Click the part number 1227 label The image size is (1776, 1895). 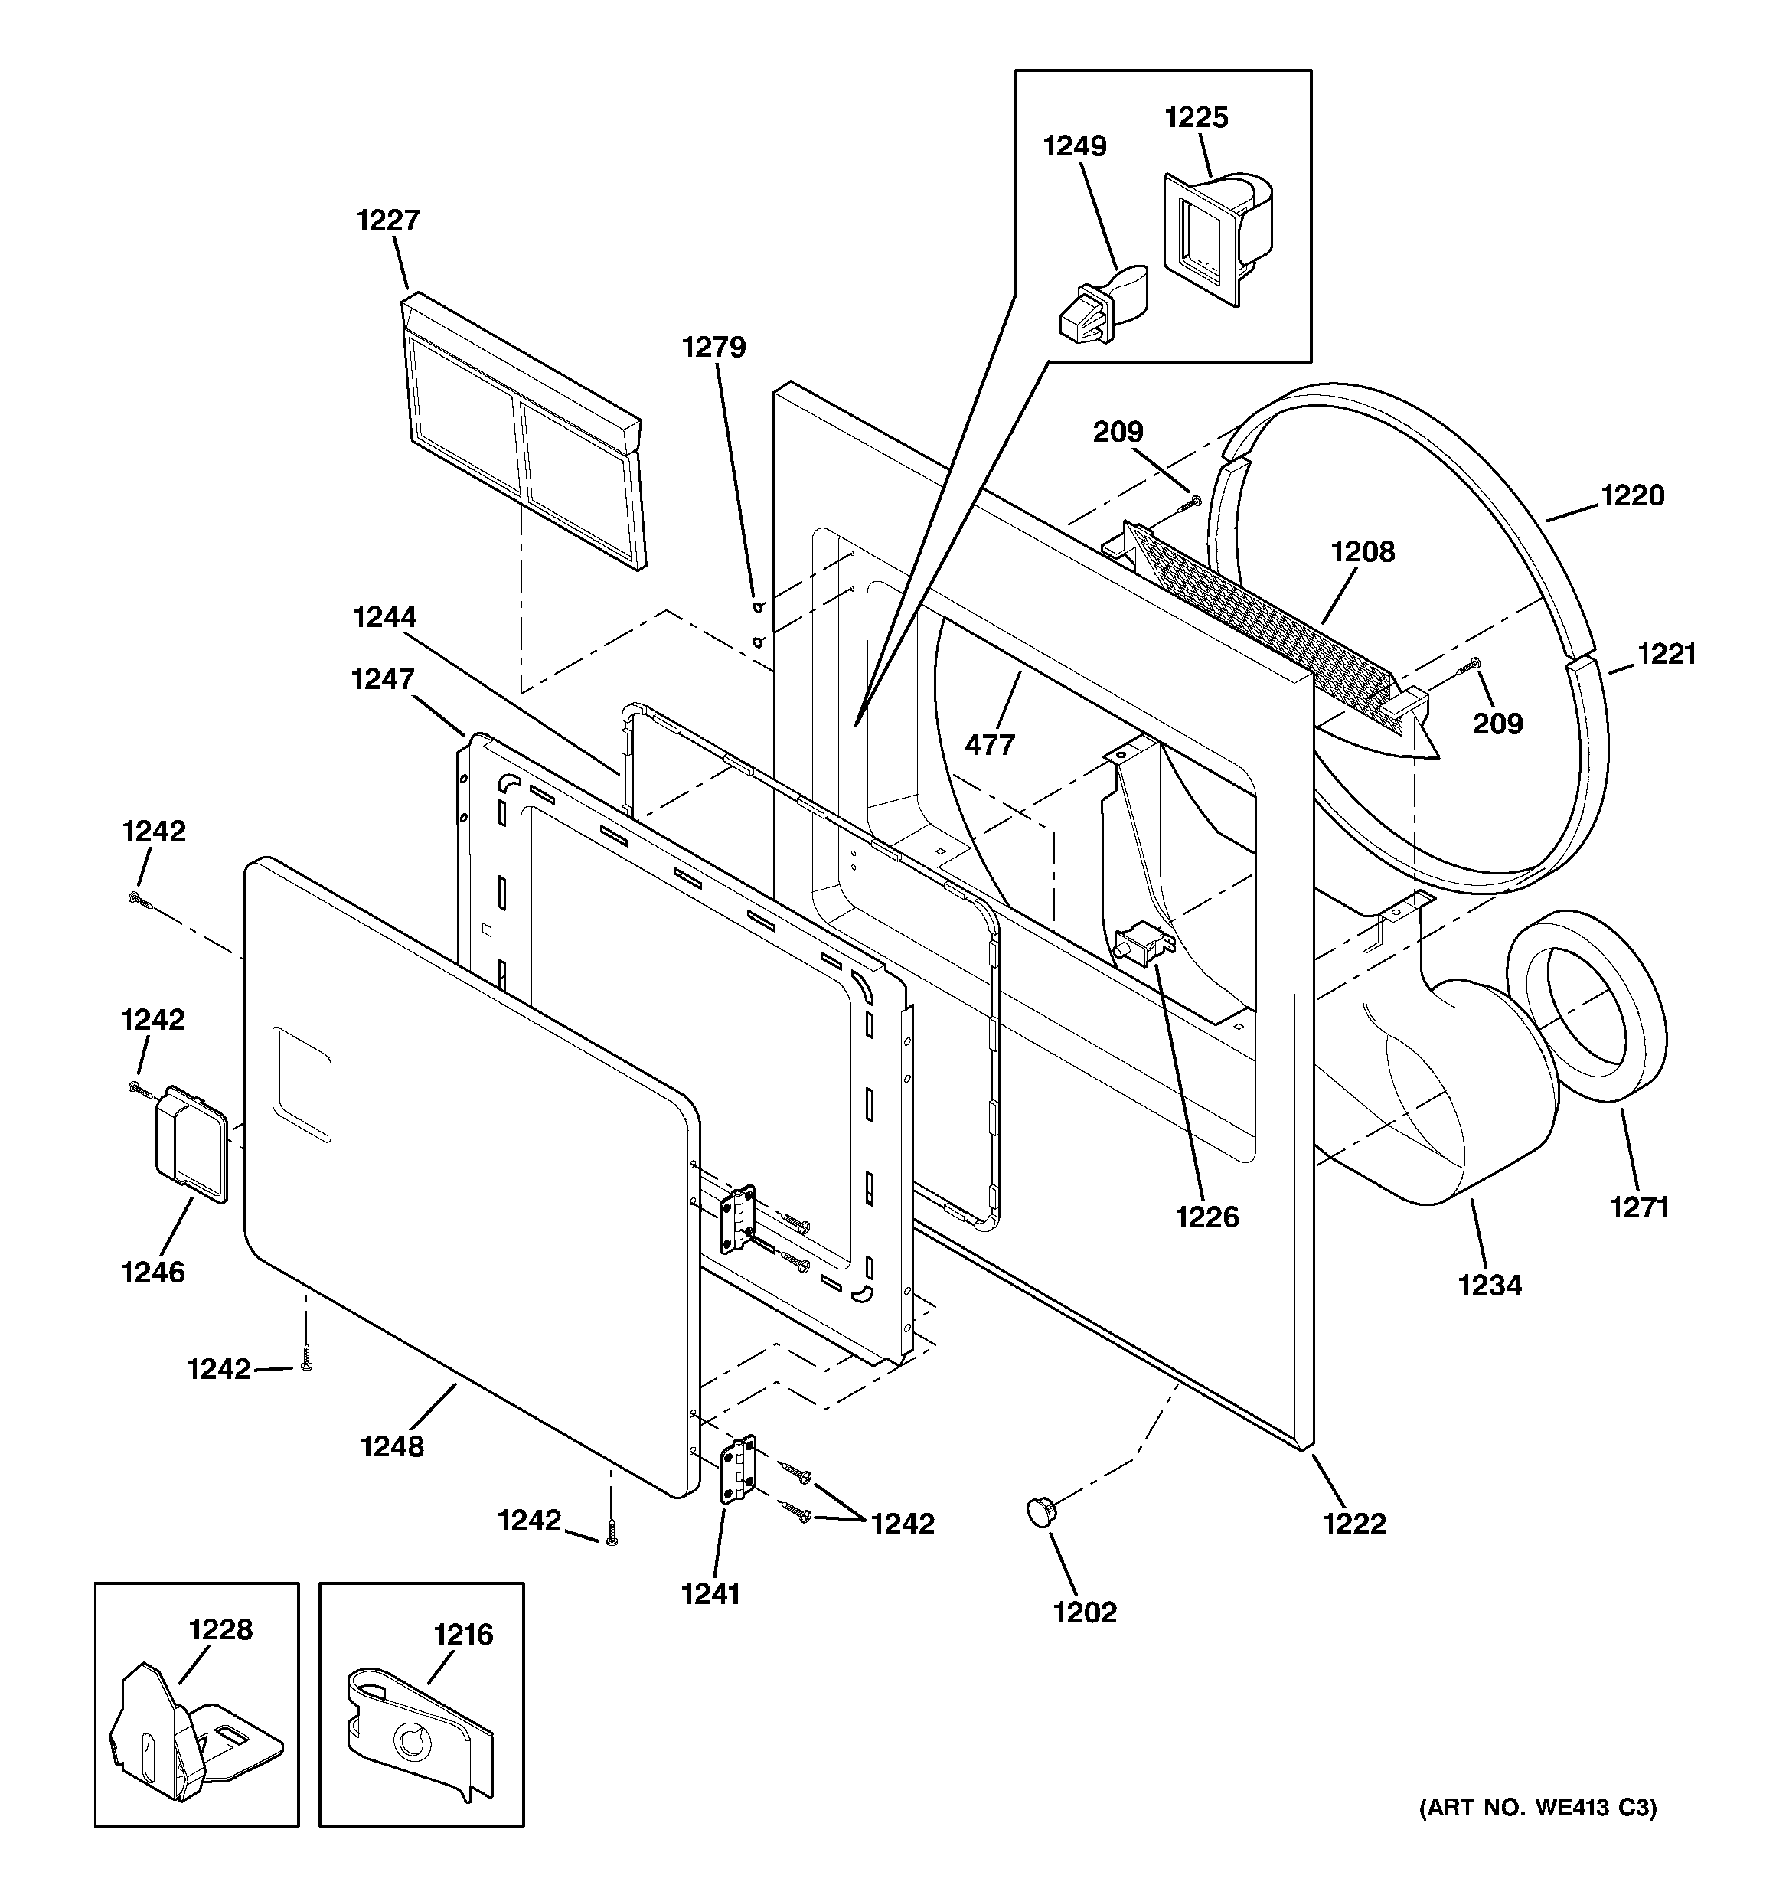tap(388, 221)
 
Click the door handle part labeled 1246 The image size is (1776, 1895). tap(191, 1141)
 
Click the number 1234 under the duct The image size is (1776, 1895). tap(1489, 1286)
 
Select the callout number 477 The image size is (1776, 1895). tap(990, 744)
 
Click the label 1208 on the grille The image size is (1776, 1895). tap(1363, 552)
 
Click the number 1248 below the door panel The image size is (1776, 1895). tap(392, 1446)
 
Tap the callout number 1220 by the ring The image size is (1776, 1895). tap(1632, 495)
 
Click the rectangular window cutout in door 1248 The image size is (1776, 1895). tap(302, 1084)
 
